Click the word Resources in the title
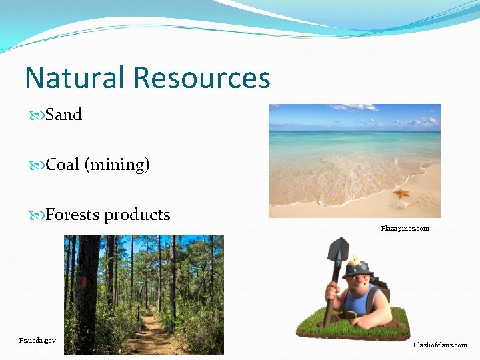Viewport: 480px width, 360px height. tap(201, 78)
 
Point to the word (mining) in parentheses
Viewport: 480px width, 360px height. tap(117, 165)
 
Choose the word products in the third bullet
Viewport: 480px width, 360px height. tap(137, 215)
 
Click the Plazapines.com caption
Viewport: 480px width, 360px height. tap(405, 229)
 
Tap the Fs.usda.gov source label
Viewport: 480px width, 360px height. tap(37, 340)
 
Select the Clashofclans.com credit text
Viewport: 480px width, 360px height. tap(440, 345)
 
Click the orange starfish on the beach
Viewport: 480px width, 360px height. tap(401, 194)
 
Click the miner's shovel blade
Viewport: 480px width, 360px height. tap(338, 251)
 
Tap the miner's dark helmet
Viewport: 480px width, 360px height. tap(359, 268)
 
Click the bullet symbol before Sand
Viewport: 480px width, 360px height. tap(37, 115)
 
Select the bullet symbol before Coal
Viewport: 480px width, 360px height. tap(37, 165)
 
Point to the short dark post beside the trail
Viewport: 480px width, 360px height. tap(139, 313)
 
